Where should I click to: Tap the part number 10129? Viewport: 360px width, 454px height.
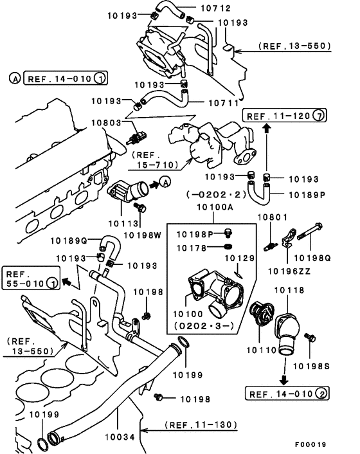tap(239, 259)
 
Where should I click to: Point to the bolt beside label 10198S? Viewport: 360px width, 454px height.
tap(312, 337)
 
